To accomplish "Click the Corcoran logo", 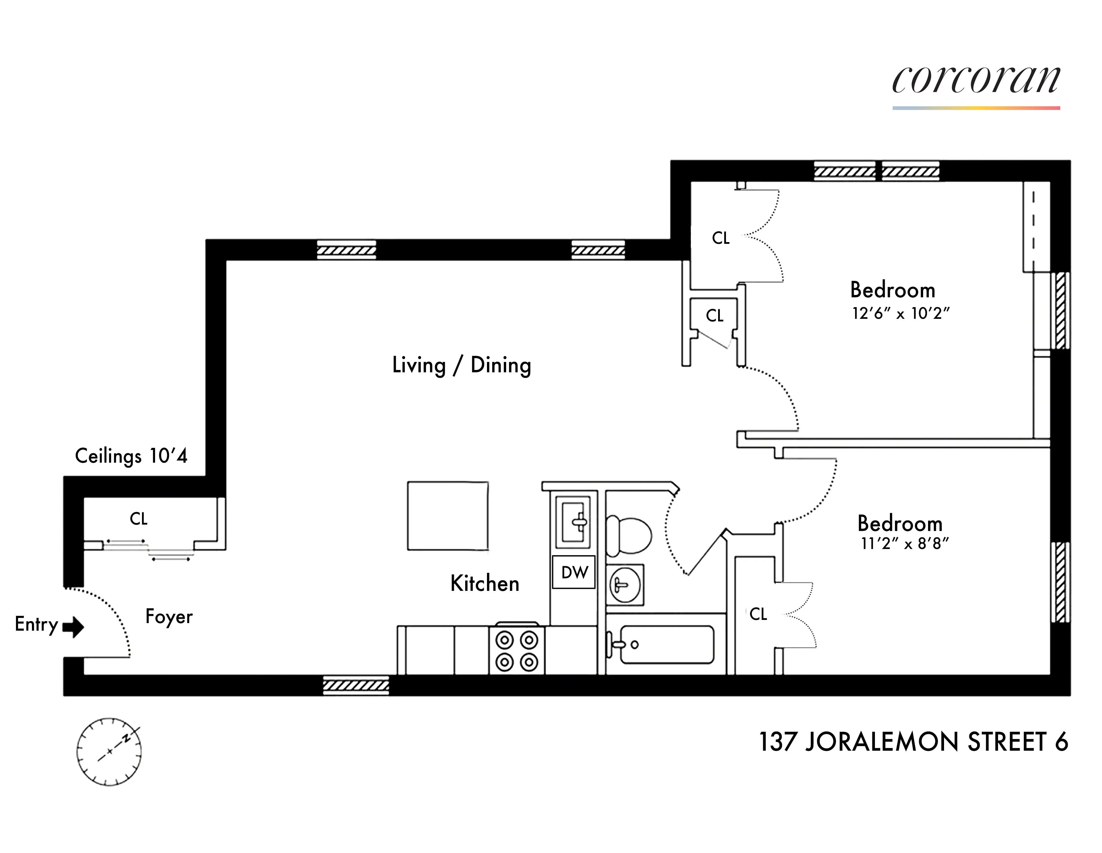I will [x=976, y=81].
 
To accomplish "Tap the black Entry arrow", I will [x=74, y=627].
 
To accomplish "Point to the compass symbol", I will [x=109, y=752].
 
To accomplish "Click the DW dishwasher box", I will [x=574, y=572].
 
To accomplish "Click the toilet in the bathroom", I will [x=628, y=535].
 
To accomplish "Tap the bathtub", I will [x=666, y=644].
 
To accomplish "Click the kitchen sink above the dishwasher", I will [x=573, y=522].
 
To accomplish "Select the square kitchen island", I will [x=447, y=516].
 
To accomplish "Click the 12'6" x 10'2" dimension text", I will [x=901, y=314].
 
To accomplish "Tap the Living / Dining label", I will [x=462, y=365].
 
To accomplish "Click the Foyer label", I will [x=169, y=617].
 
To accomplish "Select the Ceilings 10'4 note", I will [x=131, y=456].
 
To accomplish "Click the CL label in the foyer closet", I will [x=139, y=519].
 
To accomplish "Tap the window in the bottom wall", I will [x=356, y=685].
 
